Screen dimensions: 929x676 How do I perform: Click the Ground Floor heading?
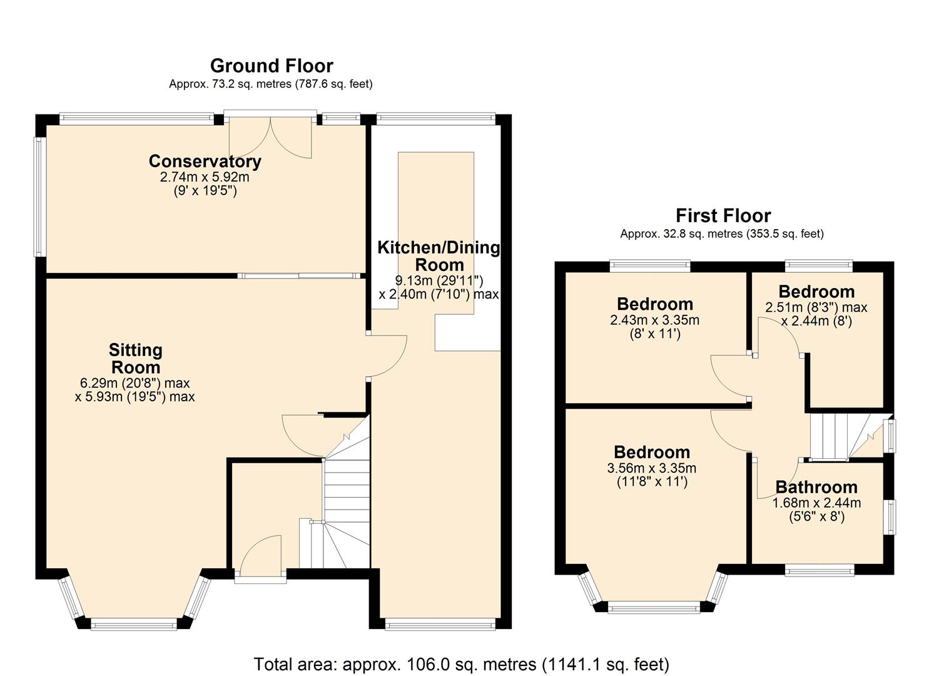(272, 66)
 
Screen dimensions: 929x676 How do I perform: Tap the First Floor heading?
(723, 216)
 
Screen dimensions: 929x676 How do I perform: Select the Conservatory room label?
(205, 161)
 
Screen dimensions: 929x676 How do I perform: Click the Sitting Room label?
(136, 359)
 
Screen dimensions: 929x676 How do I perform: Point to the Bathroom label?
(816, 487)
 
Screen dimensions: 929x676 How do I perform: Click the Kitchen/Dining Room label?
(439, 256)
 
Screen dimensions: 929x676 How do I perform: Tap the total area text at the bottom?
(461, 664)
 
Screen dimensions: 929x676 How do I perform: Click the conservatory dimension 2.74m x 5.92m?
(205, 177)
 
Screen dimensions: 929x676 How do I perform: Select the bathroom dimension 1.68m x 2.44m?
(816, 503)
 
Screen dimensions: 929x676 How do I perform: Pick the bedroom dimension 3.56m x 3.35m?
(651, 468)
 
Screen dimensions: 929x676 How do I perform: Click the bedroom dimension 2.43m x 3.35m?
(654, 320)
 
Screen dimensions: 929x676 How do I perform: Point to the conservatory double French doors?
(270, 137)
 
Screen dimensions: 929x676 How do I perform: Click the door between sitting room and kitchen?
(387, 356)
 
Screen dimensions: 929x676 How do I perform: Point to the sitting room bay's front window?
(133, 623)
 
